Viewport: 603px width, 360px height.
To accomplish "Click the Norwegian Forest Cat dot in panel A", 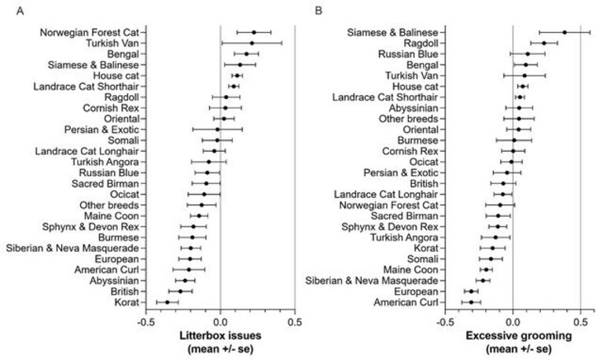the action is (x=254, y=32).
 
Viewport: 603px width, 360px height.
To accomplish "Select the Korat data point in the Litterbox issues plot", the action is (x=167, y=303).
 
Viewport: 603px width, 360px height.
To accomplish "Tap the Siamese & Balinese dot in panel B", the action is (x=564, y=32).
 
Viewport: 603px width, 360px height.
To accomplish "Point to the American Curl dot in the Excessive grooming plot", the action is (x=472, y=303).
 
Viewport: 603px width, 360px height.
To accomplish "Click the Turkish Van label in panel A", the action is (x=112, y=43).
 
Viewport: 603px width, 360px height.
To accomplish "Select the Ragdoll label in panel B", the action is (x=421, y=43).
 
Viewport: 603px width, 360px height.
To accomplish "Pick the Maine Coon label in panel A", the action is (x=112, y=216).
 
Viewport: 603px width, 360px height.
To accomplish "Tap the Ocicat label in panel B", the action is (x=424, y=162).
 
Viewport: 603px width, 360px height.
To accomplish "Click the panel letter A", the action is (x=20, y=11).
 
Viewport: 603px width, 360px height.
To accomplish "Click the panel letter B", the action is (x=318, y=11).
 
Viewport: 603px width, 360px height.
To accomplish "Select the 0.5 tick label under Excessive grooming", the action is (x=580, y=321).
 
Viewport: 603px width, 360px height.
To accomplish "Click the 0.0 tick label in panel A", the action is (x=220, y=321).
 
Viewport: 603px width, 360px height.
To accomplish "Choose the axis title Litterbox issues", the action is (x=220, y=336).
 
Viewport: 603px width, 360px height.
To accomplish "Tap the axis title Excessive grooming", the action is (x=519, y=336).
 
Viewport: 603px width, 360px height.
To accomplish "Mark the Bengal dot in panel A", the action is (x=247, y=54).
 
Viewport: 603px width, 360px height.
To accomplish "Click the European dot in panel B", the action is (x=472, y=292).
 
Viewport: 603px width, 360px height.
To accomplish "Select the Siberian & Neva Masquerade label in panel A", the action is (x=72, y=248).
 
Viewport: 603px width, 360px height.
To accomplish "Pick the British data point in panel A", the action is (x=180, y=292).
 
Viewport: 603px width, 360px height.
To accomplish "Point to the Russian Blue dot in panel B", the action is (x=528, y=54).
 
